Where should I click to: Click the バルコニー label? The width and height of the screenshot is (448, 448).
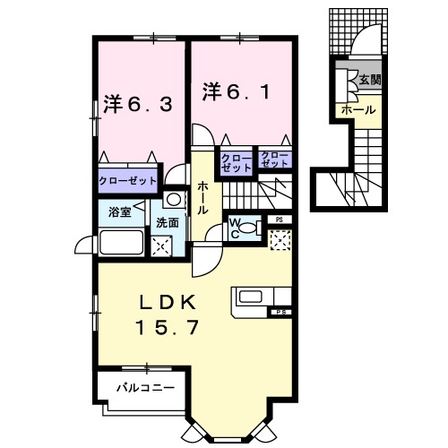click(x=143, y=387)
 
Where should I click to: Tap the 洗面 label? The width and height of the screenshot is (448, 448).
click(x=167, y=220)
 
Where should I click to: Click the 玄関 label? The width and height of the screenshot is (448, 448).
click(x=370, y=80)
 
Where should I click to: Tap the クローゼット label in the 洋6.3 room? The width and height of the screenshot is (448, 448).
click(x=125, y=180)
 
